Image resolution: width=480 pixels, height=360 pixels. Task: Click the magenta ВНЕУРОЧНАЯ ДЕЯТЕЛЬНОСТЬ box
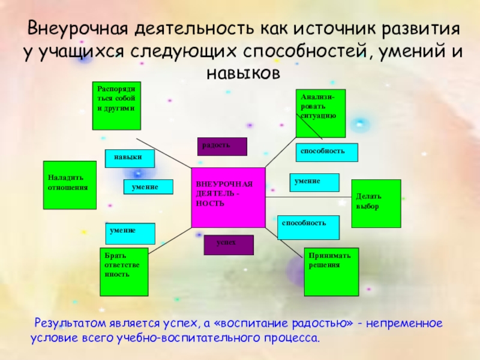(228, 197)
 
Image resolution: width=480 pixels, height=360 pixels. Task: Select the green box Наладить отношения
(70, 185)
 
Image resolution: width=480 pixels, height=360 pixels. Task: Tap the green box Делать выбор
(376, 203)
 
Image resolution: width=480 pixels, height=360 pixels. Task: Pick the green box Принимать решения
(331, 272)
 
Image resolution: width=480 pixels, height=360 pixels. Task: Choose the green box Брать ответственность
(123, 272)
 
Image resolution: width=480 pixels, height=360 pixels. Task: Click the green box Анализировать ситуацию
(321, 113)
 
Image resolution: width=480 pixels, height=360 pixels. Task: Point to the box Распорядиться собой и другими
(116, 106)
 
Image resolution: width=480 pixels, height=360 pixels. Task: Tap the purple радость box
(222, 146)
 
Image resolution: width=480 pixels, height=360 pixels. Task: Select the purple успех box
(229, 245)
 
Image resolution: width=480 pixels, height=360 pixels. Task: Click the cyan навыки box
(130, 158)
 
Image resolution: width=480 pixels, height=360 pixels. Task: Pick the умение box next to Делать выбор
(314, 182)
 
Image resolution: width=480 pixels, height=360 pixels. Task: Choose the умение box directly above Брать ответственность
(130, 233)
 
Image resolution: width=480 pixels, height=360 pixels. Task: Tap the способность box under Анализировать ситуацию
(326, 152)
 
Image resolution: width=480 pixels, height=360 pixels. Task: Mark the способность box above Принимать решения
(308, 227)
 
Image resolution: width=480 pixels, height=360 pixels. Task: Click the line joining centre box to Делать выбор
(308, 197)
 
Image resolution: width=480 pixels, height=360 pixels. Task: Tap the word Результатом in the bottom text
(72, 323)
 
